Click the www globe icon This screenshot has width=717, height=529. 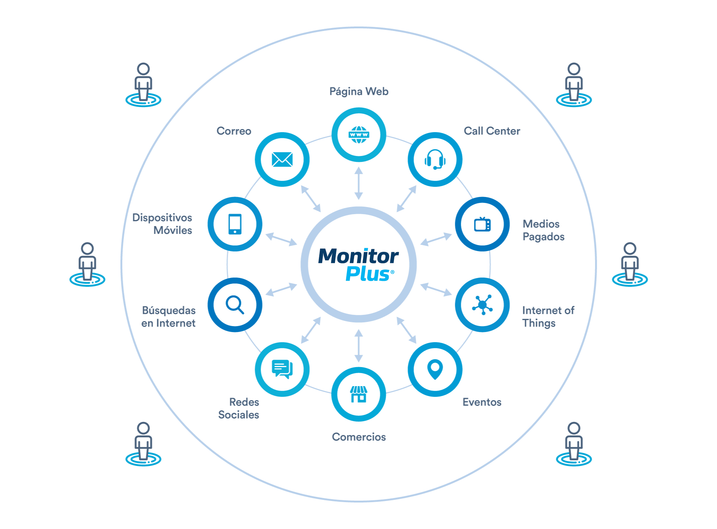pos(358,135)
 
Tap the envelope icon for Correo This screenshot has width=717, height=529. pos(282,159)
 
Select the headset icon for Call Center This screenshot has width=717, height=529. pos(435,159)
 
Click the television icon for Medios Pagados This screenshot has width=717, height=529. pos(482,224)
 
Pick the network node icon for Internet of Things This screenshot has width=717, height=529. pos(482,305)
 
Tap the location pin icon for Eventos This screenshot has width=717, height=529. pos(435,369)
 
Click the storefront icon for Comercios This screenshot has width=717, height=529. pos(358,394)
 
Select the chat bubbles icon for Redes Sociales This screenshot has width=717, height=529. pos(282,369)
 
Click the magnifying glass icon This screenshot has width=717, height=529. pos(235,305)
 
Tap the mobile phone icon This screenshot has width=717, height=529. pos(235,224)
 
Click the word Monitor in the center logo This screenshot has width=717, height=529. pos(358,256)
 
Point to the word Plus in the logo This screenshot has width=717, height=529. pos(367,274)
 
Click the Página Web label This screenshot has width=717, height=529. pos(358,91)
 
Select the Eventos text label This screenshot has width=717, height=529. pos(482,402)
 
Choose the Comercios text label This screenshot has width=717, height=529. pos(358,436)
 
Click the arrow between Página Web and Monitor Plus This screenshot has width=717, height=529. pos(358,183)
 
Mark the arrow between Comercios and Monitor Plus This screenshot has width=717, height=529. pos(358,345)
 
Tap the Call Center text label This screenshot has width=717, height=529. pos(492,131)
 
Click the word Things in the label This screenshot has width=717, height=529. pos(538,323)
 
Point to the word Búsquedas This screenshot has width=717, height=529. pos(169,310)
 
